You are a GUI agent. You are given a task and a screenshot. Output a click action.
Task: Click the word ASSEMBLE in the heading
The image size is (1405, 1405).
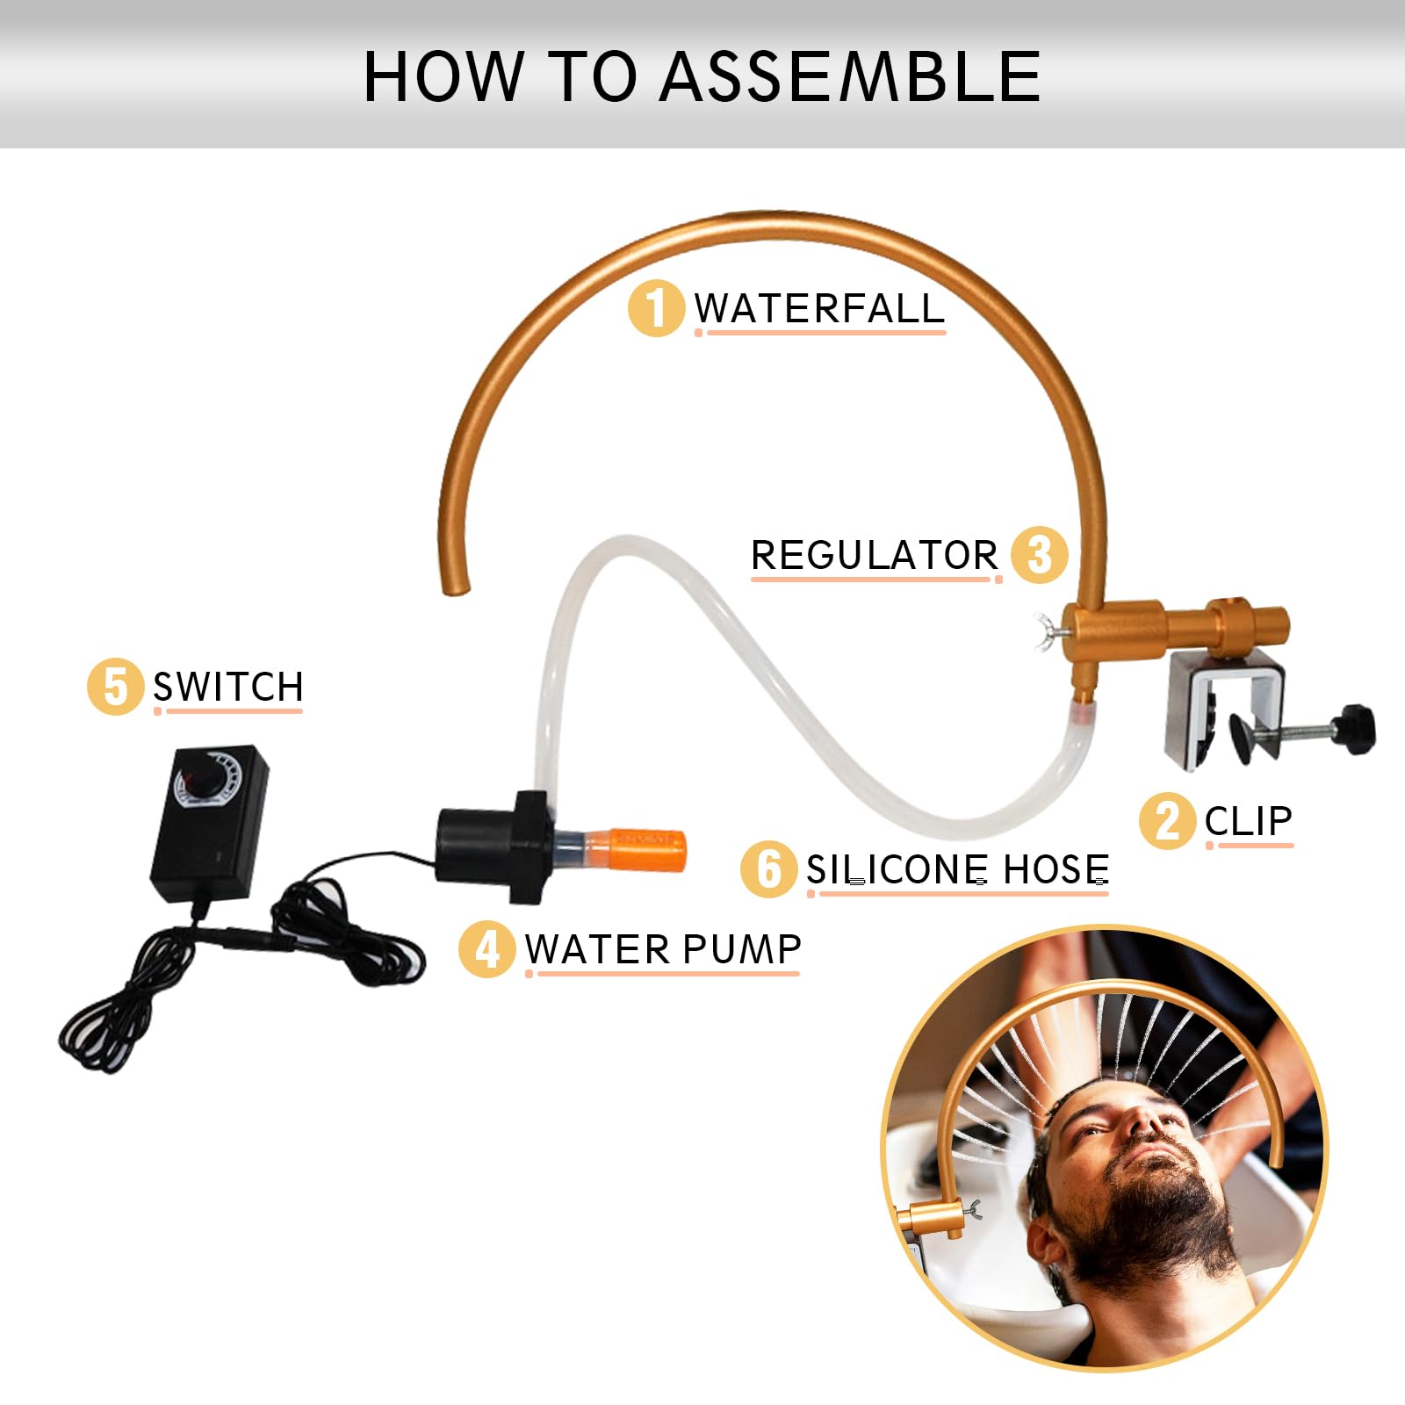pyautogui.click(x=850, y=76)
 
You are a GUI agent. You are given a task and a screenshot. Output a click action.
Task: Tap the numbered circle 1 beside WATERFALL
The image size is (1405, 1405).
pyautogui.click(x=656, y=308)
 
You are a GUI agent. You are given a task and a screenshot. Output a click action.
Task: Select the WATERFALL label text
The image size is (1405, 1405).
pyautogui.click(x=819, y=308)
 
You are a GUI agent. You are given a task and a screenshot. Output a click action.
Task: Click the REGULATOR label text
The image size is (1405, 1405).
pyautogui.click(x=875, y=555)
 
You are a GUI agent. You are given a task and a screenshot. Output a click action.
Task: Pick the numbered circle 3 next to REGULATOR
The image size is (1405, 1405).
pyautogui.click(x=1040, y=555)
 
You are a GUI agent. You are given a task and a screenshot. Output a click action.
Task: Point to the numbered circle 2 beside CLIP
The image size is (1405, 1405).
pyautogui.click(x=1168, y=822)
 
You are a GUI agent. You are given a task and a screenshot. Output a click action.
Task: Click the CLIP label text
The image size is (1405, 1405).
pyautogui.click(x=1248, y=822)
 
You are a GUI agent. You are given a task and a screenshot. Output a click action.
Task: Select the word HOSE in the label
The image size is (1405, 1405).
pyautogui.click(x=1056, y=869)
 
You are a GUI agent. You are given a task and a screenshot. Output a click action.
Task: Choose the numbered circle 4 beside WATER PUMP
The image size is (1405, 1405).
pyautogui.click(x=486, y=948)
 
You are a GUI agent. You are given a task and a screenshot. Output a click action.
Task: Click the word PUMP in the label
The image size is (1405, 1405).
pyautogui.click(x=741, y=949)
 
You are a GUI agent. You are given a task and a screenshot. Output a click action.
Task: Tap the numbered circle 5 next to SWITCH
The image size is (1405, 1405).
pyautogui.click(x=115, y=687)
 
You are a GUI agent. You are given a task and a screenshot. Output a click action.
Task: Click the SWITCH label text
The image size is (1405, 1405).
pyautogui.click(x=228, y=687)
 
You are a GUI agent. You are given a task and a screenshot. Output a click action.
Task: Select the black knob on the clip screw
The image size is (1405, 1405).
pyautogui.click(x=1353, y=729)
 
